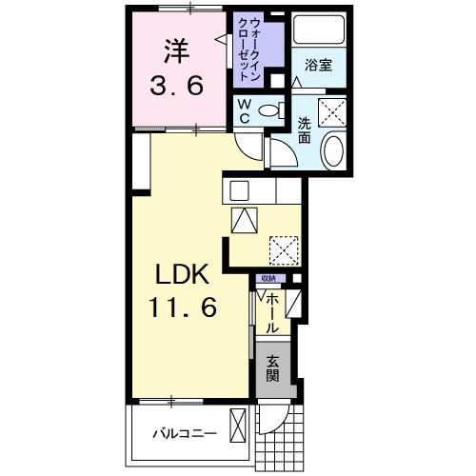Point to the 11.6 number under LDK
pyautogui.click(x=183, y=307)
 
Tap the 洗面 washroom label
pyautogui.click(x=305, y=129)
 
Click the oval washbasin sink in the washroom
pyautogui.click(x=334, y=150)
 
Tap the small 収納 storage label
pyautogui.click(x=268, y=278)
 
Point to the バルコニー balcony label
pyautogui.click(x=186, y=434)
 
